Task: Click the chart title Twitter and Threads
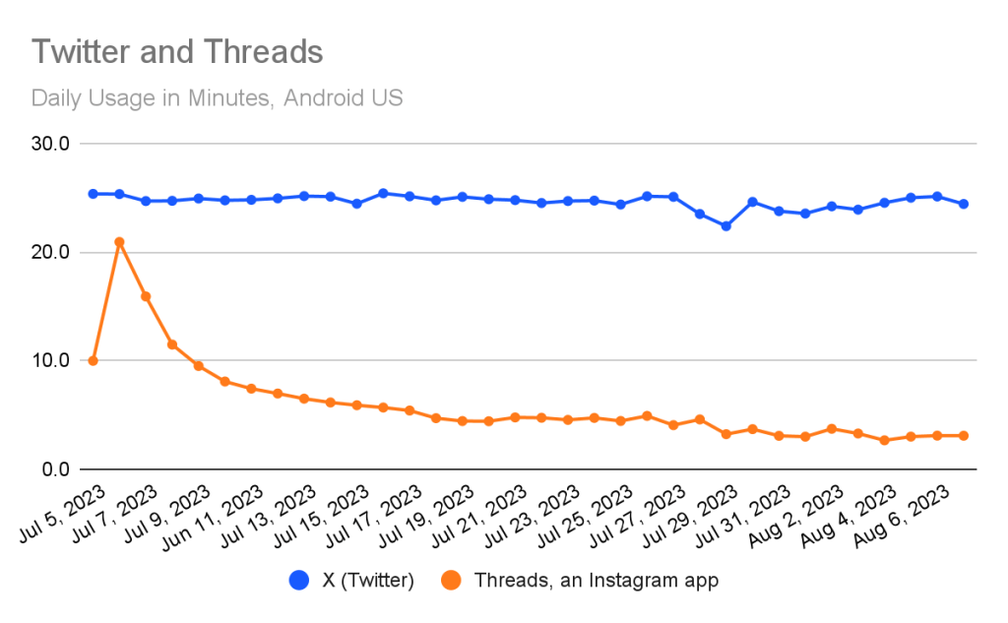pyautogui.click(x=177, y=51)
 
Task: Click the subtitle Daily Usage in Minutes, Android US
pyautogui.click(x=217, y=98)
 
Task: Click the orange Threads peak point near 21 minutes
pyautogui.click(x=119, y=242)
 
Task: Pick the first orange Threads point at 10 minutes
pyautogui.click(x=93, y=360)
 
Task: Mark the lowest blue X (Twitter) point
pyautogui.click(x=725, y=226)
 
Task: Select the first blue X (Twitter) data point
pyautogui.click(x=93, y=194)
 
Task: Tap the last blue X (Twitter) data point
pyautogui.click(x=964, y=204)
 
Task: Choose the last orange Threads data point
pyautogui.click(x=964, y=435)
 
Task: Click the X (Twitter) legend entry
pyautogui.click(x=355, y=581)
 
